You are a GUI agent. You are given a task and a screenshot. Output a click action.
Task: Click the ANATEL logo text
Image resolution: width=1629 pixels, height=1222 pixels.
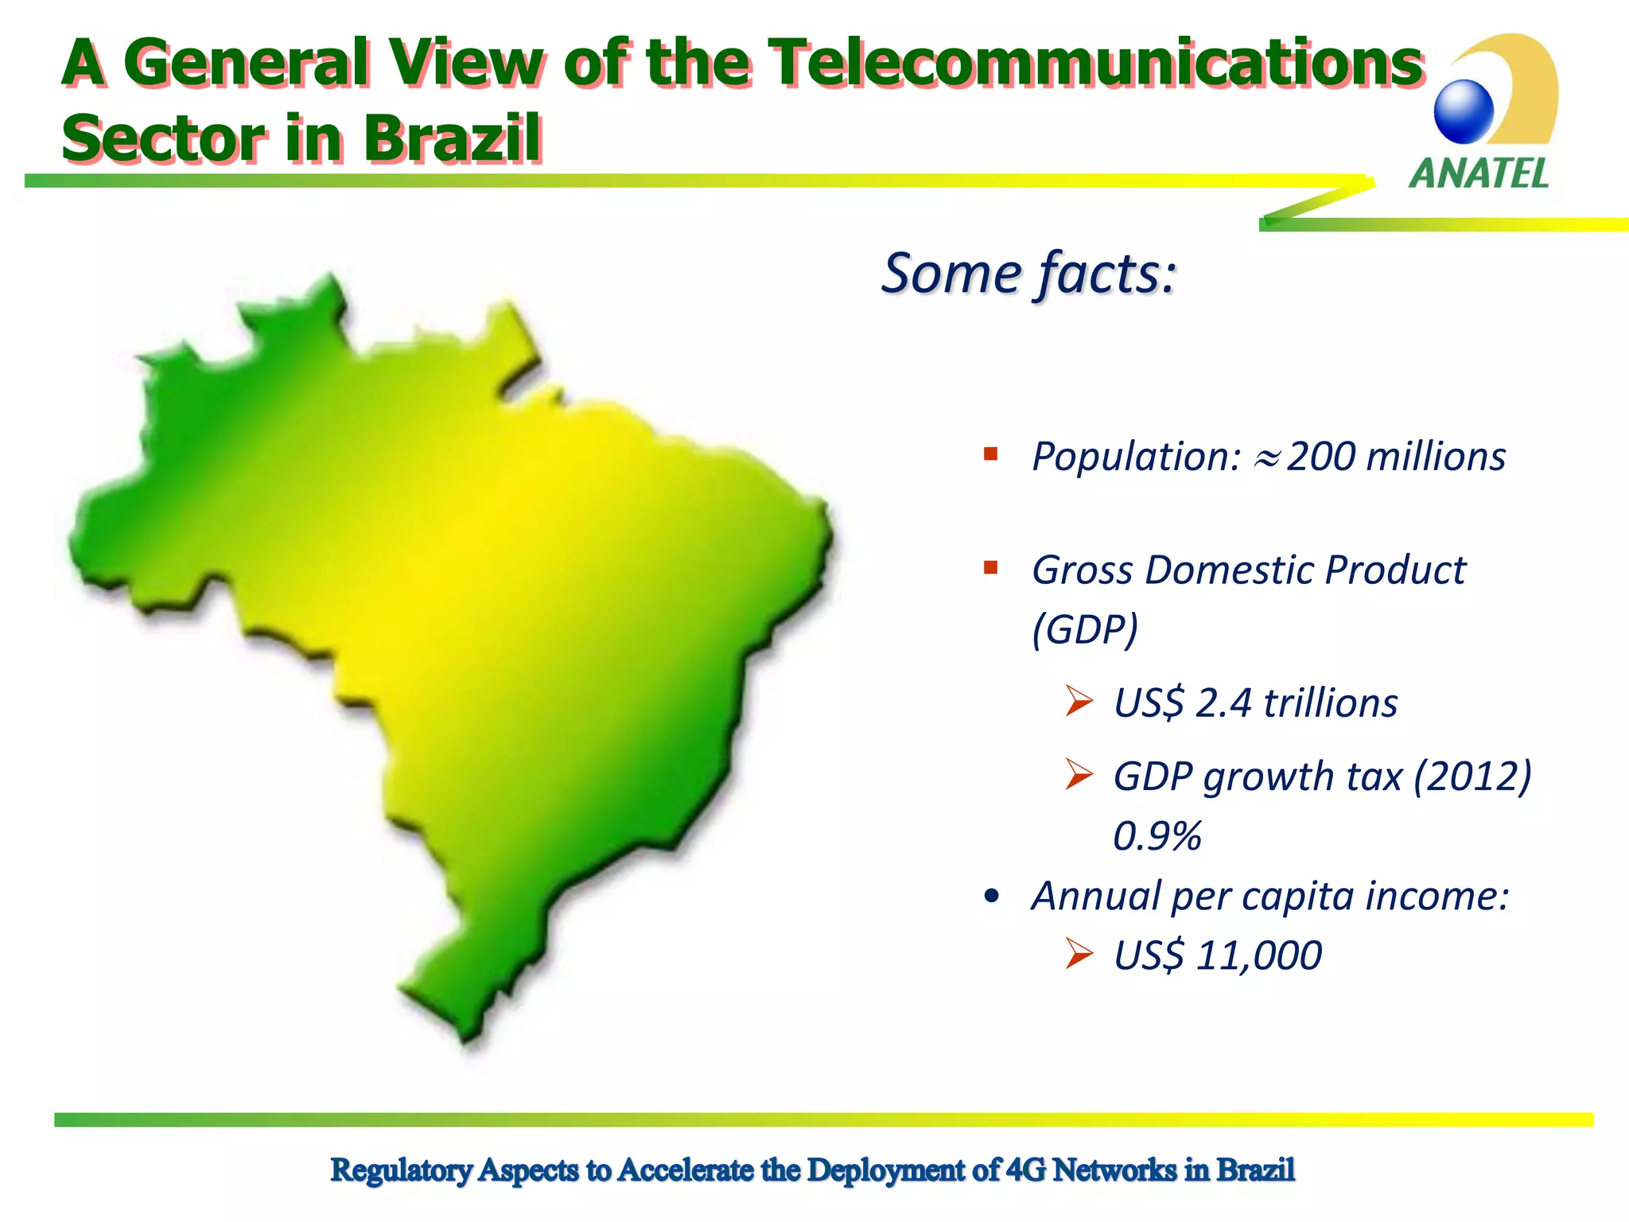point(1479,173)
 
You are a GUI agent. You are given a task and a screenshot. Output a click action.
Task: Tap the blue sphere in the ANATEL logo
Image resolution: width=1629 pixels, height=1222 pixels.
point(1464,111)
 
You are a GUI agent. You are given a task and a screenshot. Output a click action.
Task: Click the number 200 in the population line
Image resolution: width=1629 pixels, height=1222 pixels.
point(1321,457)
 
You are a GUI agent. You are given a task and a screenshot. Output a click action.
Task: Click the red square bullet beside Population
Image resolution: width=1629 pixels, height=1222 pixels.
point(990,454)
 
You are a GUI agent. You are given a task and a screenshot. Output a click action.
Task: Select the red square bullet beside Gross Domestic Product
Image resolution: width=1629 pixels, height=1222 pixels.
point(990,568)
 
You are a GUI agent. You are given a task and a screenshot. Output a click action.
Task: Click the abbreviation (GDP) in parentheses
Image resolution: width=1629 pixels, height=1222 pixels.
point(1085,629)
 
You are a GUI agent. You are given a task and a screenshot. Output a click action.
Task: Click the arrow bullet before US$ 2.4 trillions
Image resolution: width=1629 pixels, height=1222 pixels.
point(1079,701)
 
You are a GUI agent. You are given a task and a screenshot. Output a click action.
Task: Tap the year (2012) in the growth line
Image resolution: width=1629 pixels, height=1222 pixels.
point(1472,776)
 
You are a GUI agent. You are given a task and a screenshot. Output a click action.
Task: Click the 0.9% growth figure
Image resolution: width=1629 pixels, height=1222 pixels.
point(1157,836)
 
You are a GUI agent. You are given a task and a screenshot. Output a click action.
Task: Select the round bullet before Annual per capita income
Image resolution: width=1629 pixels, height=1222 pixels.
point(991,897)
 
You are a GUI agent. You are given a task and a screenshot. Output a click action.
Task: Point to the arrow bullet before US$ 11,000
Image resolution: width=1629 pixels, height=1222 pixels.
point(1079,953)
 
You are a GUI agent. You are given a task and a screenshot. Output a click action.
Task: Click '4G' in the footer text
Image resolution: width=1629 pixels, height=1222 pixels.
point(1026,1170)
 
